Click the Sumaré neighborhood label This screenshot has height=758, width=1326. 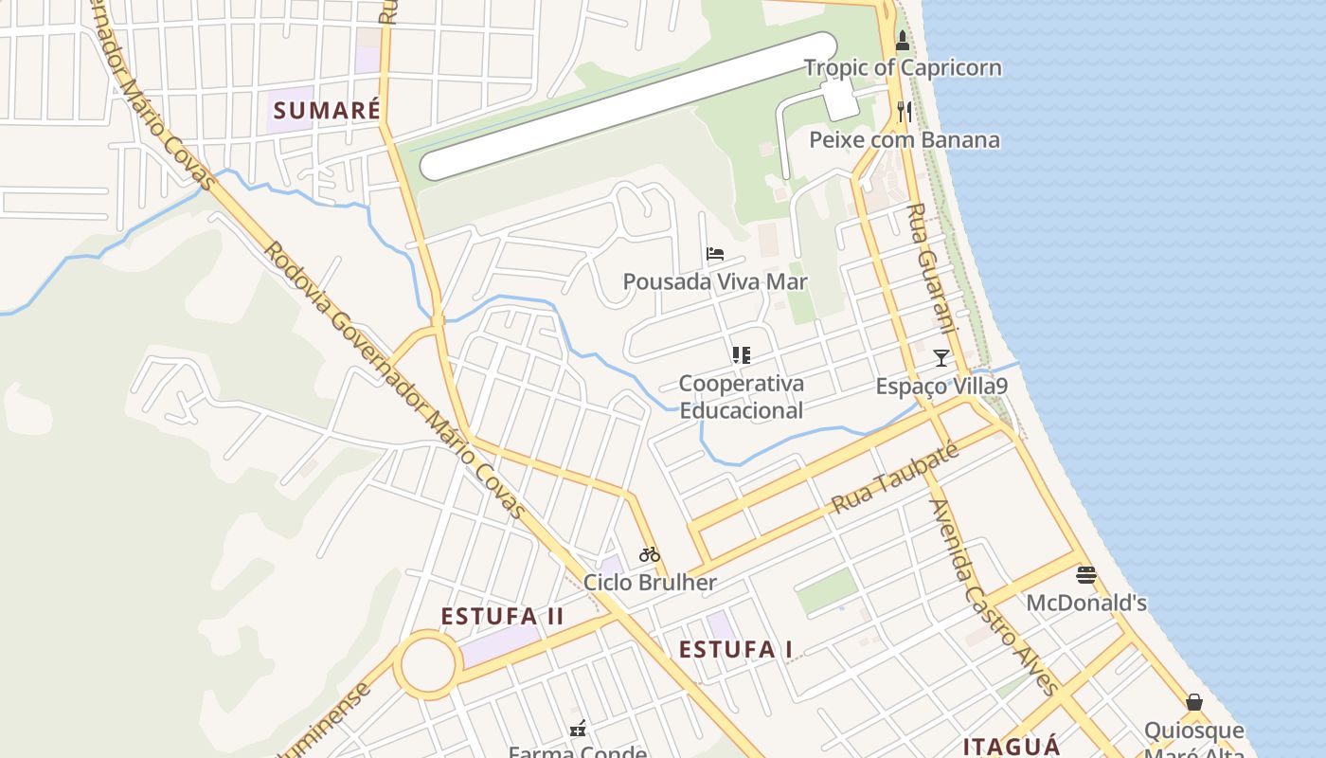(x=327, y=110)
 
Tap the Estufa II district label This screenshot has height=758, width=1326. (x=502, y=617)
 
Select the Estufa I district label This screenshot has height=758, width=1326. (x=736, y=649)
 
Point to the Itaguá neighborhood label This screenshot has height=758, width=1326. (x=1012, y=746)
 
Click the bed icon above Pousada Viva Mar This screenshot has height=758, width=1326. (x=715, y=254)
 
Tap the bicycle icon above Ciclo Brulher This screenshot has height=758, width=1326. (x=649, y=554)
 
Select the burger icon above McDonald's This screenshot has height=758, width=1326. (x=1086, y=574)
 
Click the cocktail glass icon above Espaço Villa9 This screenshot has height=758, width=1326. (x=941, y=357)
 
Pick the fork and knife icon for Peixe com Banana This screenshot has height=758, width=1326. (x=905, y=112)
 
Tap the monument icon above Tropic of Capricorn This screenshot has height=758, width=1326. (x=902, y=41)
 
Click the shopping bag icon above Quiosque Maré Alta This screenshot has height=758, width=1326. (x=1194, y=702)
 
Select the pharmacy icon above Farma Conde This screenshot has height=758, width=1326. (x=578, y=729)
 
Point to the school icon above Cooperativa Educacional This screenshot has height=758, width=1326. (x=741, y=355)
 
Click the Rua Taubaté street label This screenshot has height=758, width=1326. (x=895, y=478)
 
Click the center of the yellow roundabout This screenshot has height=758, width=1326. (x=427, y=665)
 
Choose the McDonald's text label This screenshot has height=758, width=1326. (x=1086, y=603)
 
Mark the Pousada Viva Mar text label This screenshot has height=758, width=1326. (x=715, y=281)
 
